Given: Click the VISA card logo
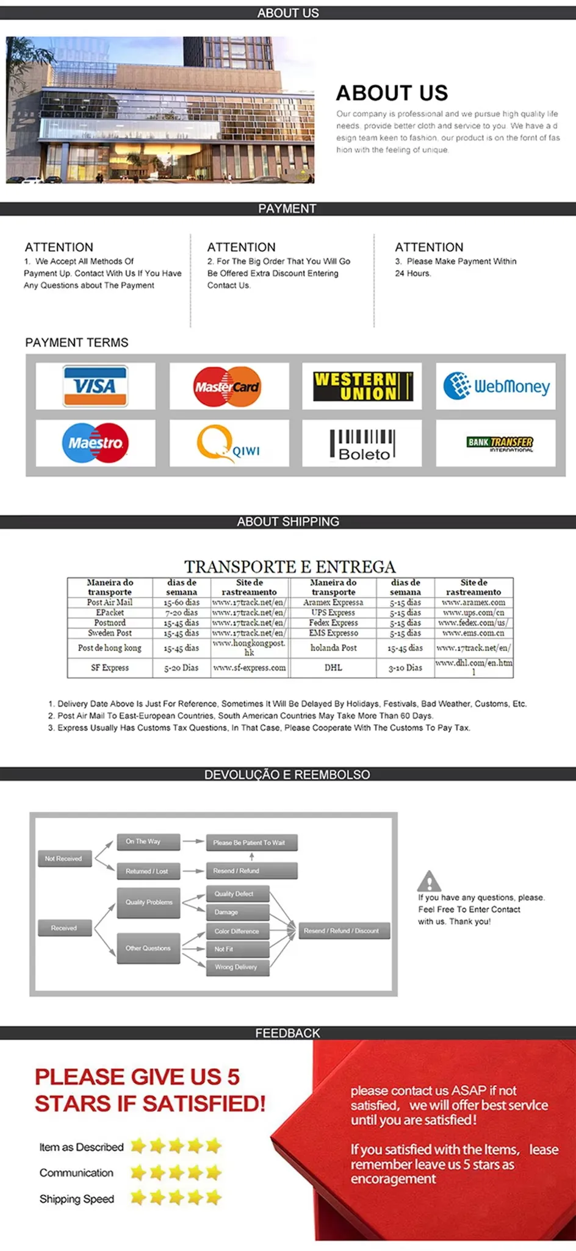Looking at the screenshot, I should pyautogui.click(x=95, y=386).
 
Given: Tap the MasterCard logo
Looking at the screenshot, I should pyautogui.click(x=228, y=387).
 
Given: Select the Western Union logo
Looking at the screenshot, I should pyautogui.click(x=362, y=387).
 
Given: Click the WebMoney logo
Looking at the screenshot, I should pyautogui.click(x=496, y=386).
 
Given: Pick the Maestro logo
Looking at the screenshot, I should pyautogui.click(x=95, y=443).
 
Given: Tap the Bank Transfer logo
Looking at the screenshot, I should pyautogui.click(x=500, y=443).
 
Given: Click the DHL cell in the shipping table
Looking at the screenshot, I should pyautogui.click(x=333, y=668).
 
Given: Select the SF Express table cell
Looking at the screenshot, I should pyautogui.click(x=110, y=668).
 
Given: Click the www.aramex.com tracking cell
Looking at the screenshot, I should pyautogui.click(x=473, y=602).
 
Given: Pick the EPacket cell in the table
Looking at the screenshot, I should pyautogui.click(x=110, y=612).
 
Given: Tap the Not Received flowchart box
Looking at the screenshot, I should pyautogui.click(x=63, y=858).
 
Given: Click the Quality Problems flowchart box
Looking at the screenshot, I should pyautogui.click(x=149, y=902).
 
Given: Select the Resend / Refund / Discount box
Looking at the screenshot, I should pyautogui.click(x=342, y=931).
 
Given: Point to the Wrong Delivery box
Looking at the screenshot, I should pyautogui.click(x=237, y=967).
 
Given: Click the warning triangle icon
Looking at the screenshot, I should pyautogui.click(x=429, y=881).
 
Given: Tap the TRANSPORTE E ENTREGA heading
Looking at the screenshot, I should pyautogui.click(x=290, y=566).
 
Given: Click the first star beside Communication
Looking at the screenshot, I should pyautogui.click(x=139, y=1172).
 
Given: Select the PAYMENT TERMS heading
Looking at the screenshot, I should pyautogui.click(x=77, y=343).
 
